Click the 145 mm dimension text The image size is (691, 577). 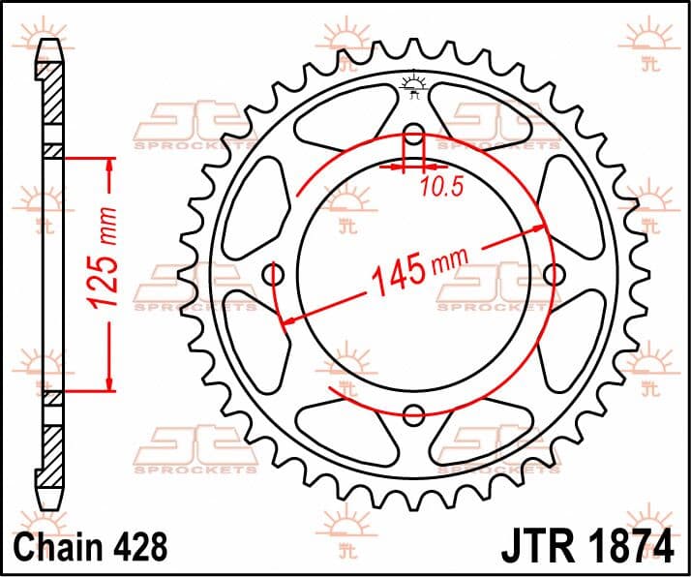coord(420,271)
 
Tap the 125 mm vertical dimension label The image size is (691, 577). coord(102,257)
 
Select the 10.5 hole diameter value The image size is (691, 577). coord(442,187)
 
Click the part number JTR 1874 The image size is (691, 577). coord(587,547)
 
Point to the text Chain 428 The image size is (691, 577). coord(91,547)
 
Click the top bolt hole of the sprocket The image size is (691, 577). coord(413,134)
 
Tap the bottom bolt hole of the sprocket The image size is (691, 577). coord(413,414)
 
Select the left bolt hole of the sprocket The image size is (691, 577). coord(273,275)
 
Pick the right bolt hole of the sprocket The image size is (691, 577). coord(554,275)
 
